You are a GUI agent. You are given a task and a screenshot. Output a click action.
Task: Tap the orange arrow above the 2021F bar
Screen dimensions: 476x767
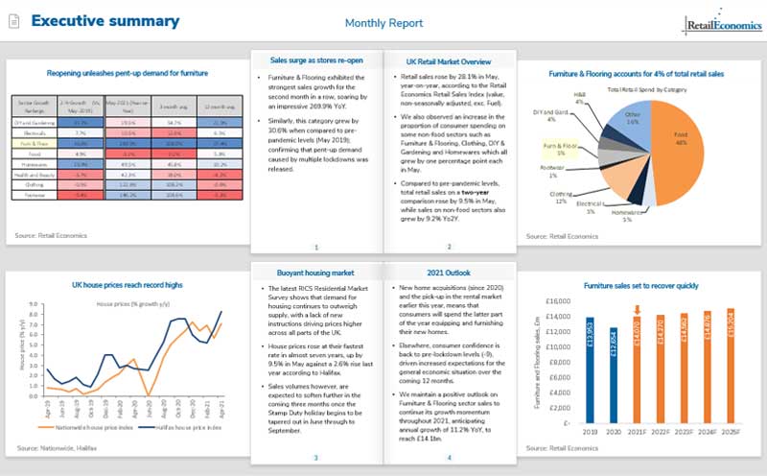tap(638, 309)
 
